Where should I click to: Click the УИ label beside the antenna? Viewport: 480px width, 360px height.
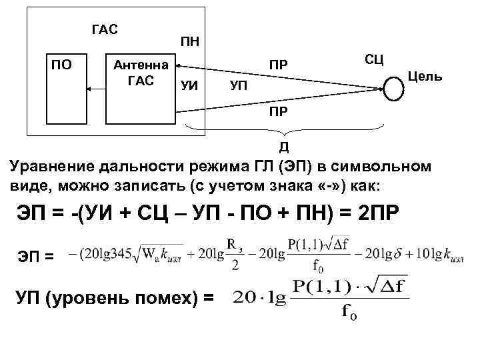coord(189,85)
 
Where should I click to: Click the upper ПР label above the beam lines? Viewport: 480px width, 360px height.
coord(279,65)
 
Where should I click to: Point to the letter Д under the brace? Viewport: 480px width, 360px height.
coord(283,146)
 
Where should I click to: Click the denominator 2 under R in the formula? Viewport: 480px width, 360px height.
coord(233,263)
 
